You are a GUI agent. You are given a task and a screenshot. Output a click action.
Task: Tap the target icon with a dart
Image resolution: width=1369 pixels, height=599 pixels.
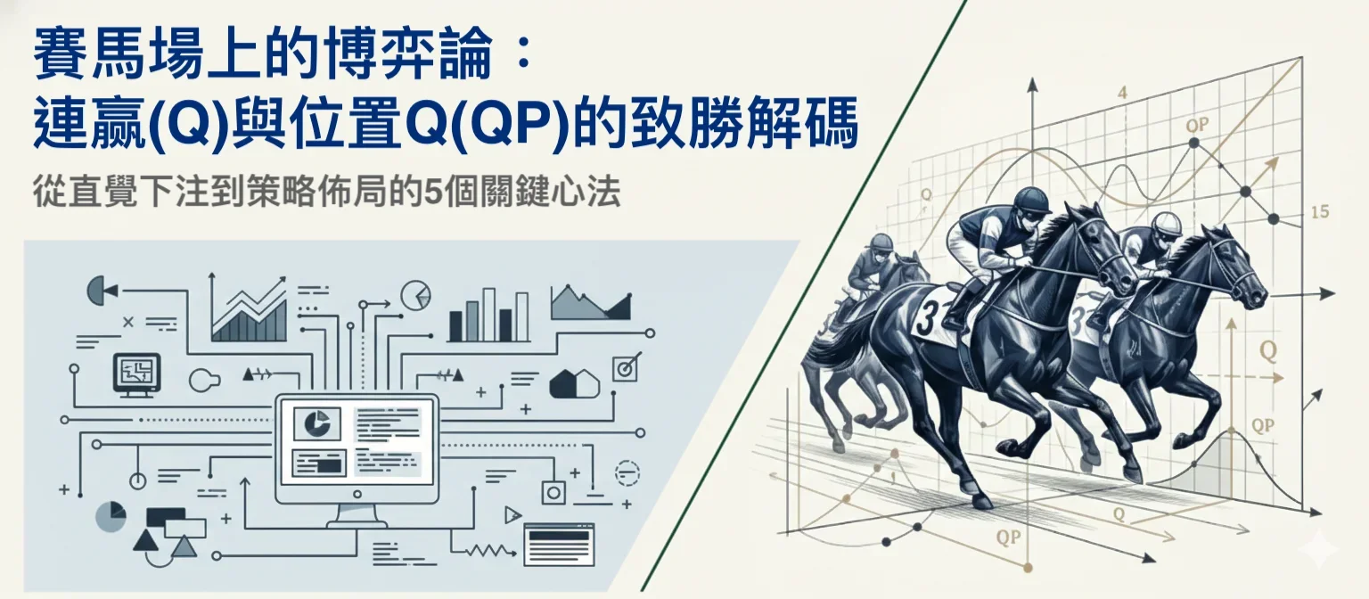pos(627,366)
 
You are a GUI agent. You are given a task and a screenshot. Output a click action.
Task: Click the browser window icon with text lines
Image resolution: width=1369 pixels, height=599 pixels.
pos(559,539)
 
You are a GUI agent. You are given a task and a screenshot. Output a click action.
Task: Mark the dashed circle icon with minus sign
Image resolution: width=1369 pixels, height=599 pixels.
pos(627,472)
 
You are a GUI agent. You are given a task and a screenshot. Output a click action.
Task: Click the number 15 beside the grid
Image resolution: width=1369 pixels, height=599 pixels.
pos(1320,212)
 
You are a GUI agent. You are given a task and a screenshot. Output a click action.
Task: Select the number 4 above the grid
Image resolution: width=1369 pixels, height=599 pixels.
pos(1122,93)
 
